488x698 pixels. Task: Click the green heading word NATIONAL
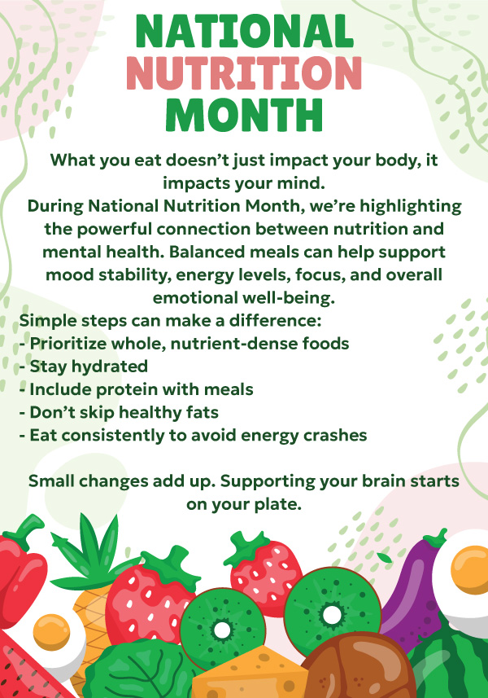click(x=245, y=31)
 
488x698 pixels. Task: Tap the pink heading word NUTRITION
click(x=244, y=73)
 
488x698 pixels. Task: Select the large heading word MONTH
click(x=244, y=115)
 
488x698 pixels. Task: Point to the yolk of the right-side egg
click(x=470, y=570)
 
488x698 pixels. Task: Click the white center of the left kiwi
click(x=222, y=630)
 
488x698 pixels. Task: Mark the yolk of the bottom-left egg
click(x=51, y=632)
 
